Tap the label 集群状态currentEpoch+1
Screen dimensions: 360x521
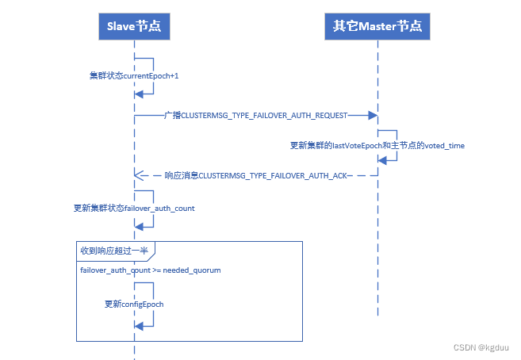134,76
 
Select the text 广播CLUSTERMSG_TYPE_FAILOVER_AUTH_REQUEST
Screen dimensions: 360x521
256,116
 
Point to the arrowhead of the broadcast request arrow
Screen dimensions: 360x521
373,116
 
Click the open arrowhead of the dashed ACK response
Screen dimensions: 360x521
139,174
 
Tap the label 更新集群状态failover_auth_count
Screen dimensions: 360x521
134,208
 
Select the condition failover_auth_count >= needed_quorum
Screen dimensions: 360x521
150,270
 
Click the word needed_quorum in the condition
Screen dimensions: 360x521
193,270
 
